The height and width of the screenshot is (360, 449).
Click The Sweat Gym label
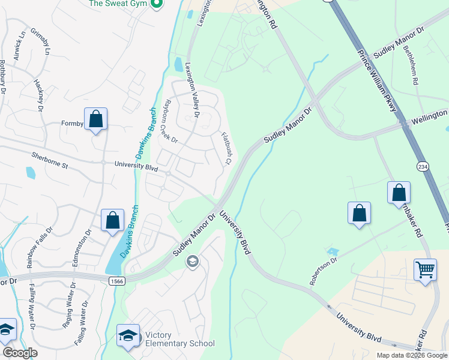[x=118, y=4]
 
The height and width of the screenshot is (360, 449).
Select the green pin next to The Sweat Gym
[x=157, y=4]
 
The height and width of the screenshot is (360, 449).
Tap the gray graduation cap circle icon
[x=193, y=260]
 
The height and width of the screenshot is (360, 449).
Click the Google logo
[x=19, y=353]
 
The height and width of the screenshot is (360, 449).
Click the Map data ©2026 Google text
[x=411, y=355]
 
